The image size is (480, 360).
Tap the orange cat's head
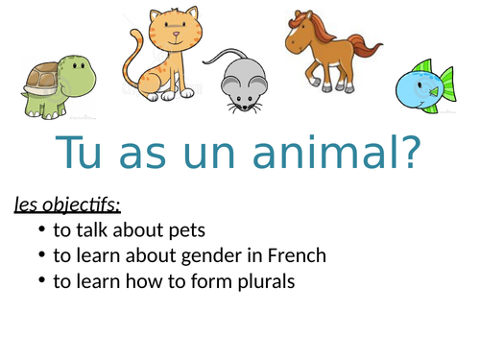174,33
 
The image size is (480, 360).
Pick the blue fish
423,86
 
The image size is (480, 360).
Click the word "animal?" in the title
343,153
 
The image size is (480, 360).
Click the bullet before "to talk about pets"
39,231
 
